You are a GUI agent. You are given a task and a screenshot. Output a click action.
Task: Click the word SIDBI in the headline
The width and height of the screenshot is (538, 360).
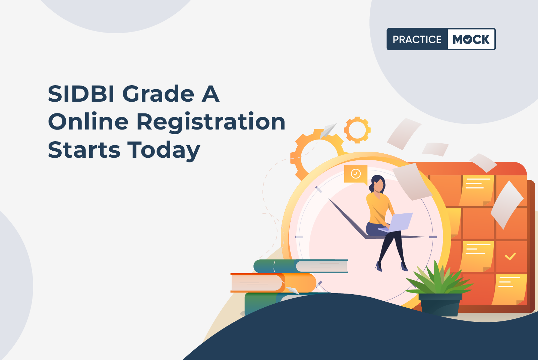81,94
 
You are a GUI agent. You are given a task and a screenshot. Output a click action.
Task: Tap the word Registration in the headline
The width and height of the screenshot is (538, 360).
211,122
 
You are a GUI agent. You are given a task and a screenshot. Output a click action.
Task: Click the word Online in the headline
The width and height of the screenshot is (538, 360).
88,121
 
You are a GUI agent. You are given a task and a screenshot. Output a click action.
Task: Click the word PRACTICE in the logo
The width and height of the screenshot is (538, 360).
417,39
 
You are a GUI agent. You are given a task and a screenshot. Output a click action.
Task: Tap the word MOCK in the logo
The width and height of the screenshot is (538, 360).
471,39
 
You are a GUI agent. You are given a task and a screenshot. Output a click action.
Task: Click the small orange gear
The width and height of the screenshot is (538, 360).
357,130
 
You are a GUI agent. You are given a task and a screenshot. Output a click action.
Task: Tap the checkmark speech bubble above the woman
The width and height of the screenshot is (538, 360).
356,174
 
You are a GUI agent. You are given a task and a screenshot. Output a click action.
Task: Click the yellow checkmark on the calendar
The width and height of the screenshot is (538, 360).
510,256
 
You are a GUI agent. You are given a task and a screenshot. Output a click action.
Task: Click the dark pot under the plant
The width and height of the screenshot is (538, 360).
440,305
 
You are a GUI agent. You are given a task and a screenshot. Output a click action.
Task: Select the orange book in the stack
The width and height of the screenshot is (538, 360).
273,283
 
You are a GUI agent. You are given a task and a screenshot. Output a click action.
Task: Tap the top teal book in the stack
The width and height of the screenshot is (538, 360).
301,266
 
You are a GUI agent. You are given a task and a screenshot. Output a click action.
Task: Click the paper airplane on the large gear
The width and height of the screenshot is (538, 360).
327,131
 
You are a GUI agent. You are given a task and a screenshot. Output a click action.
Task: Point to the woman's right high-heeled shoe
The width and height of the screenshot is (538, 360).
379,266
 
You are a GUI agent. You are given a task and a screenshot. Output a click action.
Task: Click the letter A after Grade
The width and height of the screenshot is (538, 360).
211,94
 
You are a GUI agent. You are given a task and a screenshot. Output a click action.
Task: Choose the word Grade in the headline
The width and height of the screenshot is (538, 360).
158,94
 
